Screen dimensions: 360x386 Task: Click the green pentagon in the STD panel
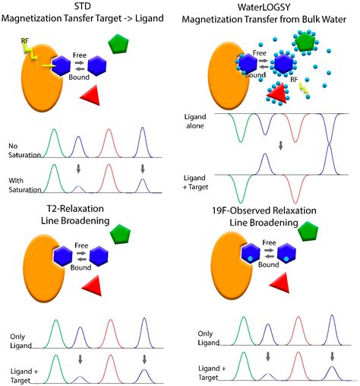(x=118, y=44)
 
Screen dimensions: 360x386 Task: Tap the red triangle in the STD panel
(x=92, y=95)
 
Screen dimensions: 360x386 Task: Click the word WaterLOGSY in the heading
(x=264, y=7)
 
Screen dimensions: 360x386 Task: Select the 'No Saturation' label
(x=24, y=150)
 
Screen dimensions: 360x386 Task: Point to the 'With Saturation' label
(x=24, y=185)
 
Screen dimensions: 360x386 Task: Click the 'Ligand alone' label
(x=195, y=121)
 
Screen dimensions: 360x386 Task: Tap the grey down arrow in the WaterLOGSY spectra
(x=280, y=146)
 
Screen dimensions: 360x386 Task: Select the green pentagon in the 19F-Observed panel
(x=308, y=231)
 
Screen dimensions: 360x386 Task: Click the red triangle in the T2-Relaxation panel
(x=93, y=286)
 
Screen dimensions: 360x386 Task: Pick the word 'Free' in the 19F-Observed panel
(x=269, y=242)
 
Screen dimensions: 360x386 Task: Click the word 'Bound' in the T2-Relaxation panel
(x=81, y=267)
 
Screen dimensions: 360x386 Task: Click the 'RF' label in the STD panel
(x=25, y=40)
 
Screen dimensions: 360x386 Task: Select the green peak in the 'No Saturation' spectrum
(x=54, y=143)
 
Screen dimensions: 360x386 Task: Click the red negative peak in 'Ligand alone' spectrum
(x=295, y=128)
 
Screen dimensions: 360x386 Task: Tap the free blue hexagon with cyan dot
(x=286, y=254)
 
